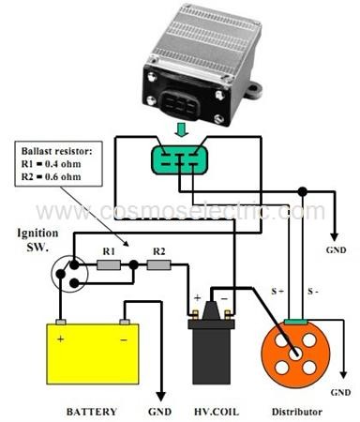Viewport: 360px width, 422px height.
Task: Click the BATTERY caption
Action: (x=91, y=411)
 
